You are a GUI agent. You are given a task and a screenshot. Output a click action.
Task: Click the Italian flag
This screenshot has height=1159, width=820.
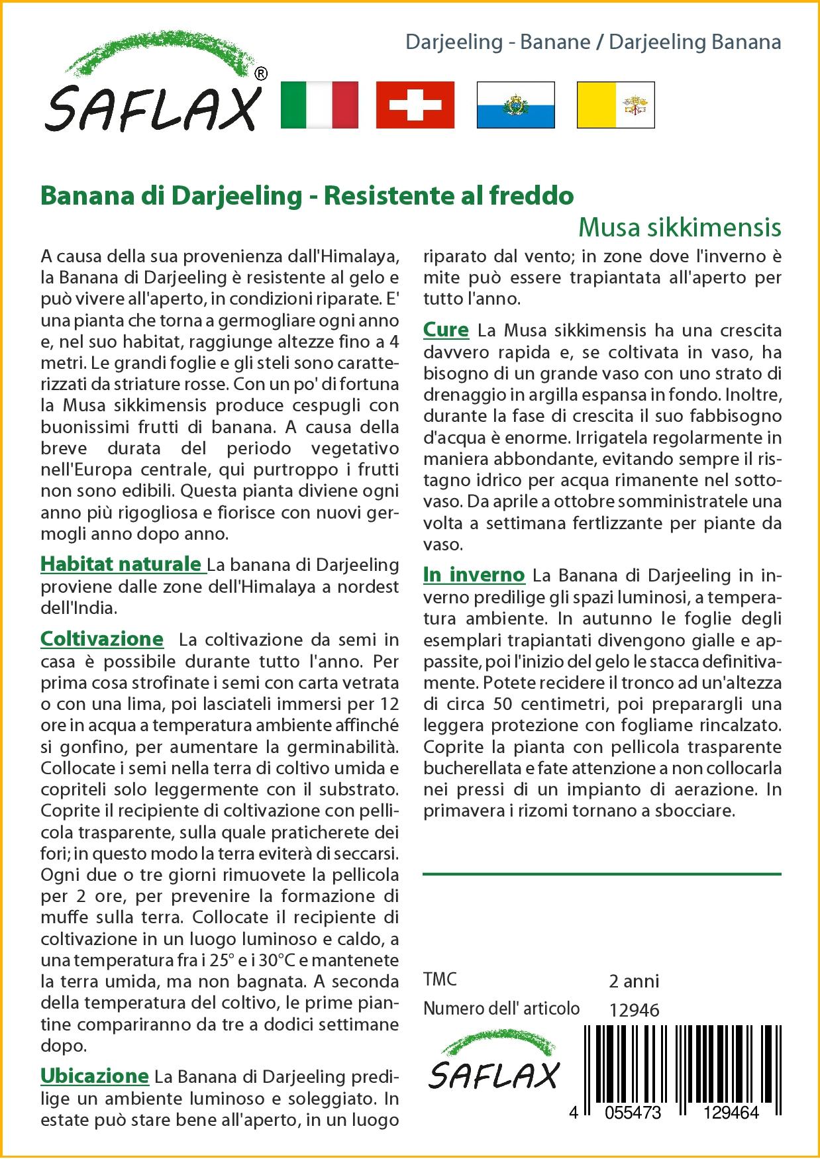click(319, 105)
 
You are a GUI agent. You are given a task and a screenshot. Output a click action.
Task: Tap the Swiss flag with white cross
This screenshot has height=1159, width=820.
click(415, 105)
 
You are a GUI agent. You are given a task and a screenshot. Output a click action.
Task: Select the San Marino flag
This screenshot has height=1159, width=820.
click(515, 105)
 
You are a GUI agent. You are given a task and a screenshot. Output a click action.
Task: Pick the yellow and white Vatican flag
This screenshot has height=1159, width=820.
click(615, 105)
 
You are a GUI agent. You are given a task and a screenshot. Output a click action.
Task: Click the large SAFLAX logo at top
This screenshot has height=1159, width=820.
click(153, 86)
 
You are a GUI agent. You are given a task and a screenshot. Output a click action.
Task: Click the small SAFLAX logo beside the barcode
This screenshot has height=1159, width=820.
click(493, 1067)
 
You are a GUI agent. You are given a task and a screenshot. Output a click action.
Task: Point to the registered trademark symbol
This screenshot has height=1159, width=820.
click(261, 74)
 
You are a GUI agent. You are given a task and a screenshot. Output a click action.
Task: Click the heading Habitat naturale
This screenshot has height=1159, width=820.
click(121, 564)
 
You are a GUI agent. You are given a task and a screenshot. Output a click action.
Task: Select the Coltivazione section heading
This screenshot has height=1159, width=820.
click(101, 638)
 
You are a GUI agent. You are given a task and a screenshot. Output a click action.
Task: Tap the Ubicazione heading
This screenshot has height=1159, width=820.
click(95, 1076)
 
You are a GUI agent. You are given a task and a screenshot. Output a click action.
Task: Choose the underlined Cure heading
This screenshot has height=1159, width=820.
click(446, 329)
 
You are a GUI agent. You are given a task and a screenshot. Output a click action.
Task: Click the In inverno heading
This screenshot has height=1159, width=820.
click(474, 575)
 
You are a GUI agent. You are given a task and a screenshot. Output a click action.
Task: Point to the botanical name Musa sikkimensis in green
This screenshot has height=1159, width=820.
click(680, 227)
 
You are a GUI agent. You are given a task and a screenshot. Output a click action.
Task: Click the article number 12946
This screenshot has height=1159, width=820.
click(634, 1009)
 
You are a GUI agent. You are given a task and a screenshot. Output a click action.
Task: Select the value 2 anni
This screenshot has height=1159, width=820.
click(634, 980)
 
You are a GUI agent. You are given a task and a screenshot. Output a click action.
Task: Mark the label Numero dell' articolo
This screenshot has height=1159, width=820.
click(501, 1009)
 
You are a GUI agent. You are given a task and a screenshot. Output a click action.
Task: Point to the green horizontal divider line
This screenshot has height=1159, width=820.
click(601, 874)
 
